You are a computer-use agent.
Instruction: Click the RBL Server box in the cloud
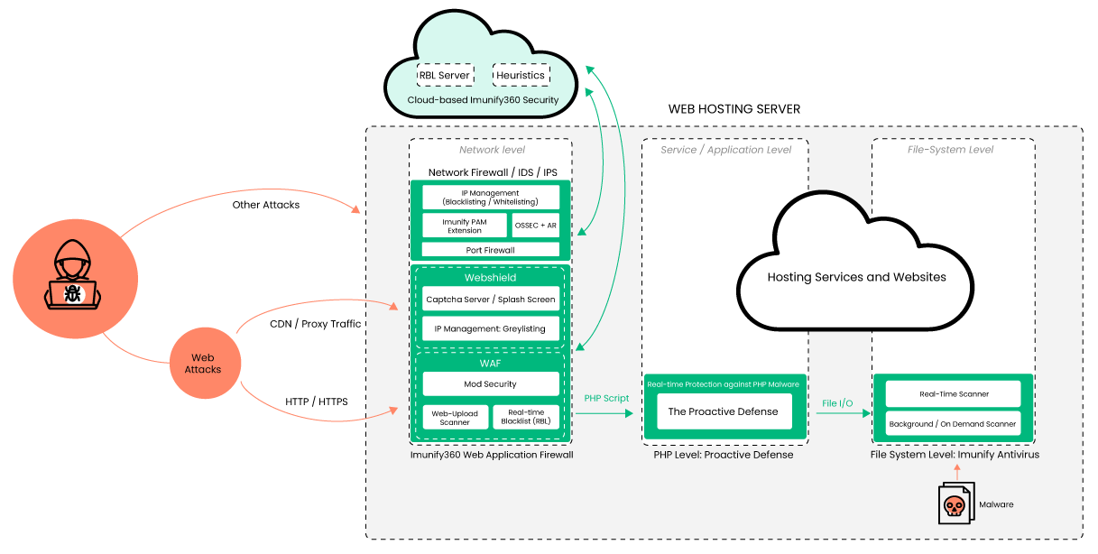[445, 75]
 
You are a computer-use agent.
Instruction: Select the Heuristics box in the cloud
[521, 75]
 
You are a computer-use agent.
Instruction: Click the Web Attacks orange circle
[203, 364]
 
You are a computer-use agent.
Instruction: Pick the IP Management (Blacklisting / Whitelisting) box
[491, 198]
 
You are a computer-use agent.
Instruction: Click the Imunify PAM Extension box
[465, 226]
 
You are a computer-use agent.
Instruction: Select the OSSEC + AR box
[535, 226]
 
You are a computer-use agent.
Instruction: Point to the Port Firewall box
[491, 250]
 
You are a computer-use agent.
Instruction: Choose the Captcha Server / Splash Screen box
[491, 300]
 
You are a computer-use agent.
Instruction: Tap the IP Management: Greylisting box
[491, 328]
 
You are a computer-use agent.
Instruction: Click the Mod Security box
[491, 384]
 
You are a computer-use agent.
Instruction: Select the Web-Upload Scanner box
[456, 417]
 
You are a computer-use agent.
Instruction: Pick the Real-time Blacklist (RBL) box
[526, 417]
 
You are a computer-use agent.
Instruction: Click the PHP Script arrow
[606, 413]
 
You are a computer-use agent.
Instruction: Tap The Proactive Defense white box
[723, 411]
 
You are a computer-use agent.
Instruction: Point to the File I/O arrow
[839, 413]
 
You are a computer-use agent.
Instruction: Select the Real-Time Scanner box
[954, 394]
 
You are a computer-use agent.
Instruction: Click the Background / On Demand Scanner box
[954, 423]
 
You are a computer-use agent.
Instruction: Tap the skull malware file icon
[955, 504]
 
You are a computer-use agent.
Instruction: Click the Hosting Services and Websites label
[856, 277]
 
